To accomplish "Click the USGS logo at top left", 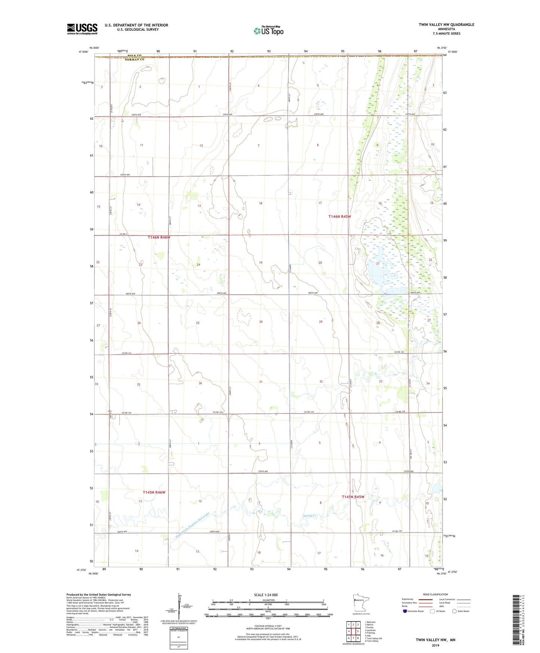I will point(82,29).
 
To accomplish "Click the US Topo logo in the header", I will point(268,31).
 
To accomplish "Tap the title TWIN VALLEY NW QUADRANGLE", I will point(446,25).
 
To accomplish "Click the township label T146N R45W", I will point(340,217).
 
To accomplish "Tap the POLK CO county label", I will point(134,56).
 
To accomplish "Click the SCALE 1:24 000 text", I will point(266,595).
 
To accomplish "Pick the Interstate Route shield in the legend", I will point(405,611).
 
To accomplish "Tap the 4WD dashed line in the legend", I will point(463,606).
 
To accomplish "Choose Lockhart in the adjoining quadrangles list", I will point(371,630).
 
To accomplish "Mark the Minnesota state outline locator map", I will point(358,603).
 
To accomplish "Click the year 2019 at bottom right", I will point(435,645).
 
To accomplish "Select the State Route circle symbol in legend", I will point(455,611).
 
